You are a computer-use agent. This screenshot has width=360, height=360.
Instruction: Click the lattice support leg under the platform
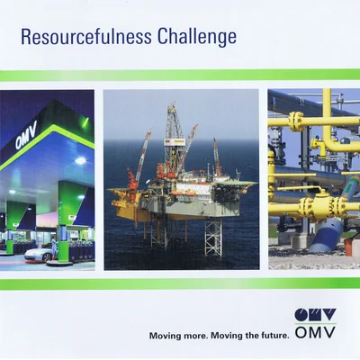[x=213, y=238]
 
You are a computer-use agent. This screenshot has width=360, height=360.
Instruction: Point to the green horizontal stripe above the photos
[x=180, y=76]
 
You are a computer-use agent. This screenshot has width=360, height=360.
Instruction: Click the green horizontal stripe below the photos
[x=180, y=284]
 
